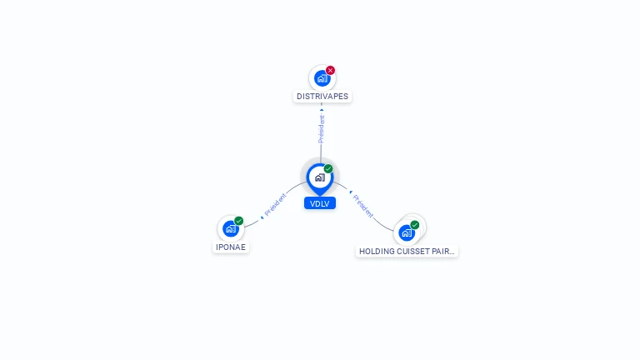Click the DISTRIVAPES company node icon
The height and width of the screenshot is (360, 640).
(x=322, y=78)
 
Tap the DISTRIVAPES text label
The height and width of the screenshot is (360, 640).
(x=322, y=97)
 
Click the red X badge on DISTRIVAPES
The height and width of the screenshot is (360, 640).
(x=330, y=70)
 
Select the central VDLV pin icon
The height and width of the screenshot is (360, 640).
(x=320, y=178)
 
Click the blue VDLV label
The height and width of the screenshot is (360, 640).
(x=320, y=203)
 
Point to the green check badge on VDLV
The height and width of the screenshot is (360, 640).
(x=328, y=168)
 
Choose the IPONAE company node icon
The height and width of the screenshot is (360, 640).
(x=231, y=228)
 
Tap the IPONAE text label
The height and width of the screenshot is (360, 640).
(x=231, y=247)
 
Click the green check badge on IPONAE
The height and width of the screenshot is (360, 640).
(x=239, y=221)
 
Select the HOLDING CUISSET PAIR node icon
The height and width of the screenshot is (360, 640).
(x=407, y=232)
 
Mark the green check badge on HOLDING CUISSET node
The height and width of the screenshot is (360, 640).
(x=415, y=225)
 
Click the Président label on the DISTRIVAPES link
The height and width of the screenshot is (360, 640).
(x=322, y=129)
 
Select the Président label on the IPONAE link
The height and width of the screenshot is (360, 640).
(x=276, y=204)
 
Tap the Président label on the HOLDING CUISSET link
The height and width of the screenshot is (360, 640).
(x=362, y=206)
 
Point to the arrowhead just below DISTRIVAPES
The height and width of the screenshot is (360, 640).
(x=322, y=109)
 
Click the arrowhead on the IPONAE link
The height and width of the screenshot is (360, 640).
(x=262, y=217)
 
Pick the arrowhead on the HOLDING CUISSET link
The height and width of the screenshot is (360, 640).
(x=351, y=192)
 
